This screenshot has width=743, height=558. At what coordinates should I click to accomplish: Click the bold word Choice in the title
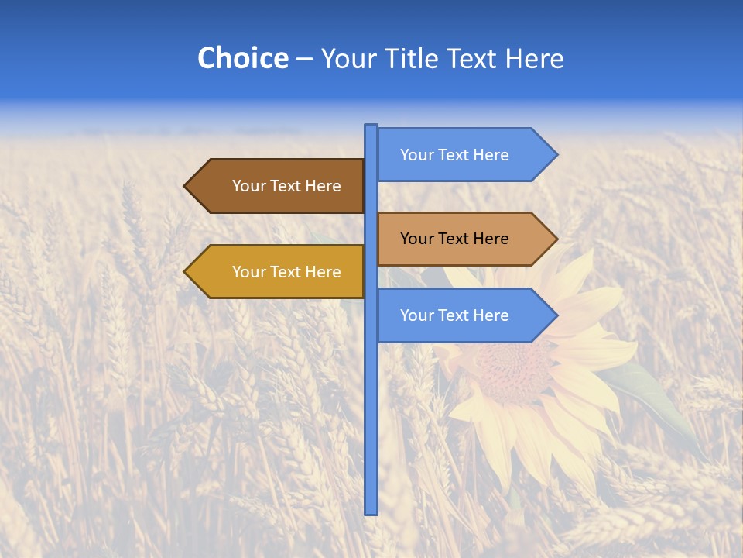(x=242, y=59)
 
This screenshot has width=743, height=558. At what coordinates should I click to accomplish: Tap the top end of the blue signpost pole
(x=371, y=126)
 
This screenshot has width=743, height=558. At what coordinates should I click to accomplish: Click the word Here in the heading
(x=535, y=59)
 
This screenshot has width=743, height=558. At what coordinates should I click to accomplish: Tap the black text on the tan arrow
(x=454, y=239)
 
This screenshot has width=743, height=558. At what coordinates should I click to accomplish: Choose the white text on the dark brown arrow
(x=286, y=186)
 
